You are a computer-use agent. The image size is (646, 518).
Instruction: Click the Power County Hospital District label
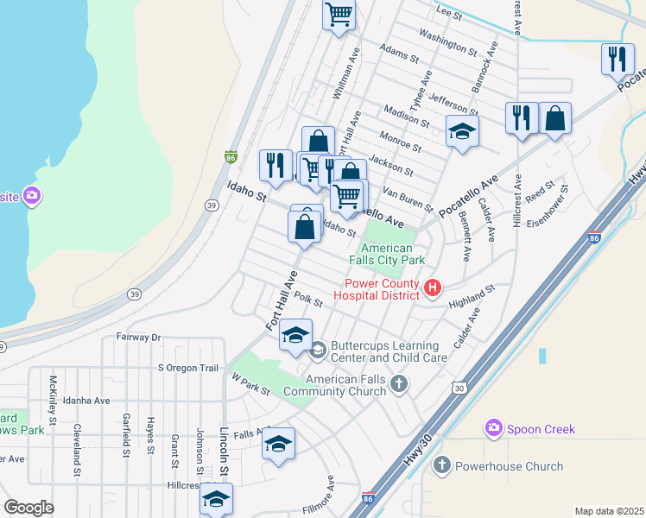click(382, 288)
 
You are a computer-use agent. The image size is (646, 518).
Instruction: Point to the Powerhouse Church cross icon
click(441, 466)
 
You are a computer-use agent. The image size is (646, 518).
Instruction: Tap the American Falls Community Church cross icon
click(398, 382)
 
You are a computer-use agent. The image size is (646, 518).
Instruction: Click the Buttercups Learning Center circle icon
click(318, 349)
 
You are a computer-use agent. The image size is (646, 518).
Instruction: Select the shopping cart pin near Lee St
click(339, 14)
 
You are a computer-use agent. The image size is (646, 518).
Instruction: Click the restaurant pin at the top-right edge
click(617, 59)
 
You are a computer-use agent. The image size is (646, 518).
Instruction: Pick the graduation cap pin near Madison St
click(462, 132)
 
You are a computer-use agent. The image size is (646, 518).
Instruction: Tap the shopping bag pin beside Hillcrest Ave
click(555, 118)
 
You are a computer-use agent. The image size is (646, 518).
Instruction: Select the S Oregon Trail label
click(188, 368)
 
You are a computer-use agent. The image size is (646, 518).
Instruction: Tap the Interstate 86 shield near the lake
click(231, 157)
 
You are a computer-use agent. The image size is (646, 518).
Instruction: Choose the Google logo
click(28, 507)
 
